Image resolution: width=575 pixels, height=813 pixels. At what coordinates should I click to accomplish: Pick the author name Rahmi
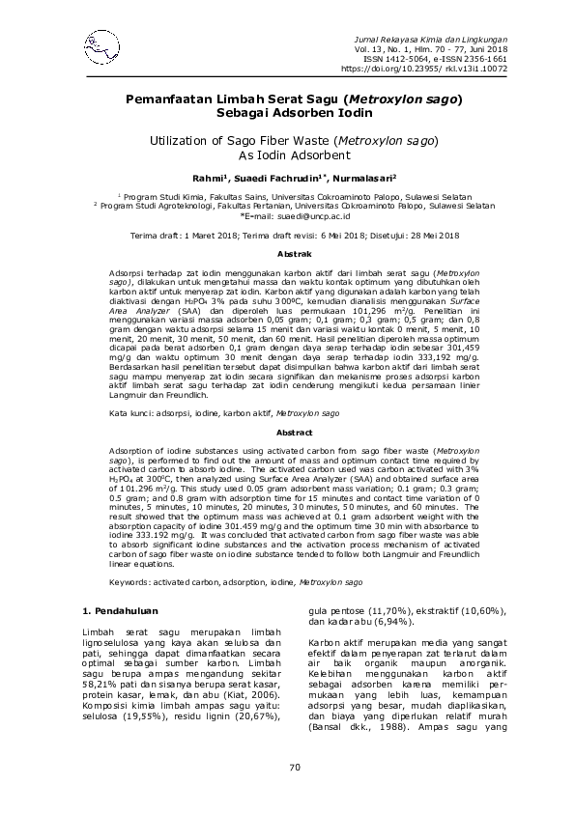coord(208,179)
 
